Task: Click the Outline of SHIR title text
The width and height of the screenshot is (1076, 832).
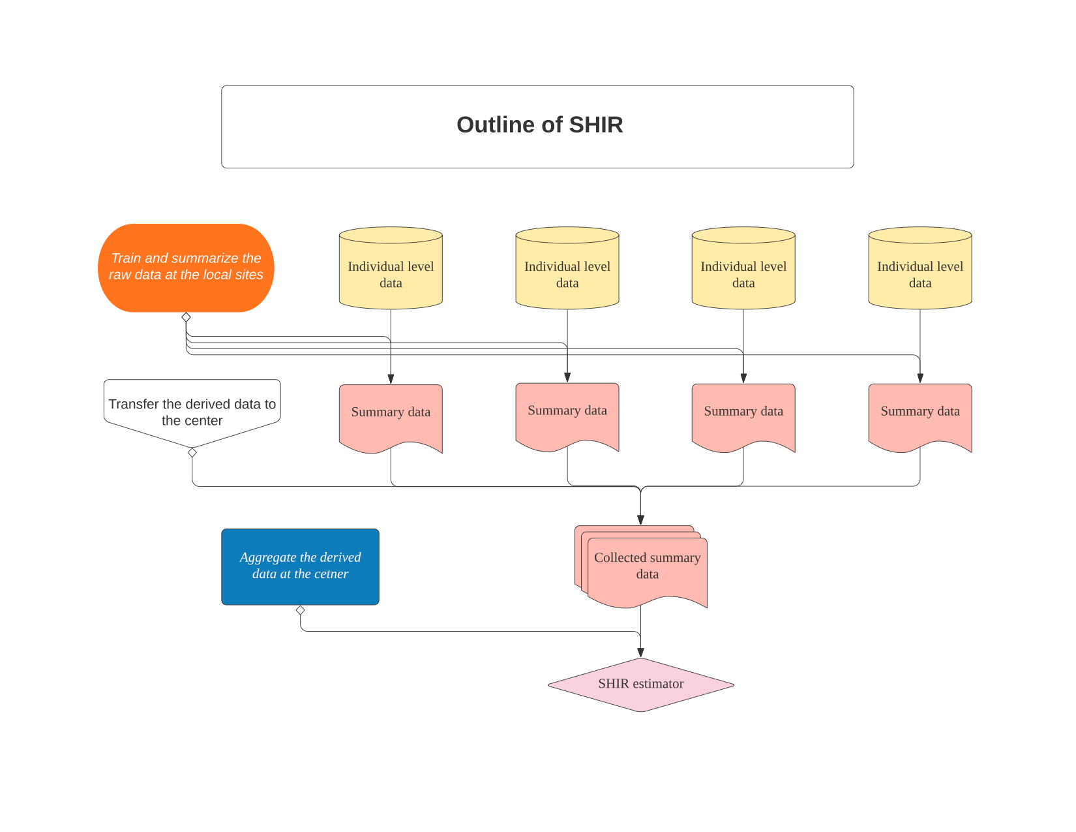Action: coord(539,125)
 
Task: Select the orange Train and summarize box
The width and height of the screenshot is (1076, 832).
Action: coord(186,268)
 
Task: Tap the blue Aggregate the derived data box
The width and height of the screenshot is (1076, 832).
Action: coord(300,566)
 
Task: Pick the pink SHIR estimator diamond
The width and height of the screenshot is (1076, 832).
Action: coord(640,684)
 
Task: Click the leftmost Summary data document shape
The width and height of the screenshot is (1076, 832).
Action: coord(391,415)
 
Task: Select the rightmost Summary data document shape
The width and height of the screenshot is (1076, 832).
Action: coord(919,415)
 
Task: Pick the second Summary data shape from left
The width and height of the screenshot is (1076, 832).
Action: coord(567,414)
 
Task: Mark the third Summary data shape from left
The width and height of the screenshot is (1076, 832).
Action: coord(743,415)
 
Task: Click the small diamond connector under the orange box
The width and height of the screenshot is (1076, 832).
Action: coord(186,317)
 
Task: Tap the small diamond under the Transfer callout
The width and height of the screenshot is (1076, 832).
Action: coord(192,452)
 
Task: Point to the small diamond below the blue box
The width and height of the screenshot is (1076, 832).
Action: coord(300,610)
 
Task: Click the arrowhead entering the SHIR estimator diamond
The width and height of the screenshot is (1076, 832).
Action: coord(640,653)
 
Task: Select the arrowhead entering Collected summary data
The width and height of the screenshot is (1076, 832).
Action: coord(640,520)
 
